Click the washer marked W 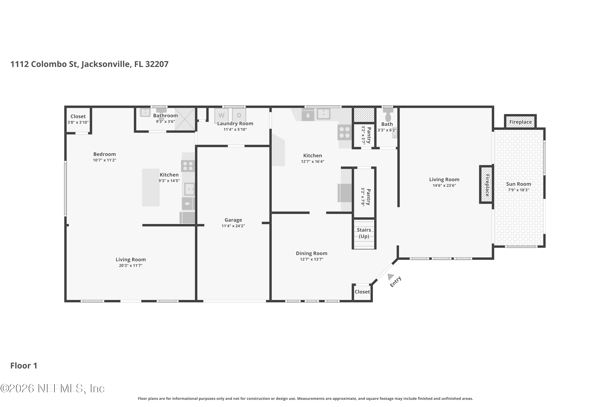coord(221,116)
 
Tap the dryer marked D coord(239,116)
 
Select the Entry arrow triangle coord(390,277)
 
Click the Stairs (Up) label coord(364,233)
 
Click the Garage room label coord(233,220)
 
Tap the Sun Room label coord(519,184)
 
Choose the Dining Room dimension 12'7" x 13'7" coord(311,259)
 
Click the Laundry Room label coord(235,124)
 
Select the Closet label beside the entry coord(362,292)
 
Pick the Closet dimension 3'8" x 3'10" coord(78,122)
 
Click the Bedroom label coord(104,154)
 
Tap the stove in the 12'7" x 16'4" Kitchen coord(344,132)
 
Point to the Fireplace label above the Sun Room coord(520,122)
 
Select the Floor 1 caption coord(24,365)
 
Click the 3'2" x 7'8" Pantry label coord(368,197)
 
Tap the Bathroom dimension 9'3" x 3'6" coord(165,121)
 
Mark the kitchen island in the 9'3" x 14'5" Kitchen coord(151,187)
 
